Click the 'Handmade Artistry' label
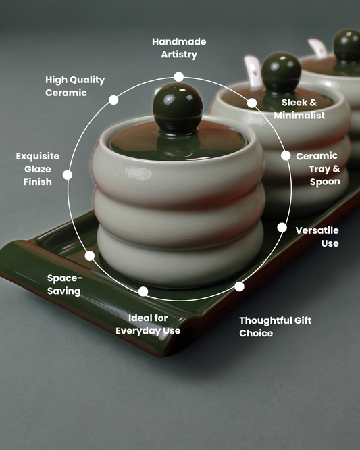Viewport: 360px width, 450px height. (x=179, y=48)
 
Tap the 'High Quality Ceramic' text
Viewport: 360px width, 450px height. (x=75, y=86)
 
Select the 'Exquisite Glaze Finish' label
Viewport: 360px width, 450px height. (x=38, y=169)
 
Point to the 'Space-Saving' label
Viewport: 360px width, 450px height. (x=64, y=284)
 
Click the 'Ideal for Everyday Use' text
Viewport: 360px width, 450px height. (x=148, y=324)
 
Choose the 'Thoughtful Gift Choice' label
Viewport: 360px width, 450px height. (x=275, y=326)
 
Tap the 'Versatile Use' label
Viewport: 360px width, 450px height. (x=317, y=236)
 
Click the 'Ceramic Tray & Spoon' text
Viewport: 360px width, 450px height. (x=318, y=169)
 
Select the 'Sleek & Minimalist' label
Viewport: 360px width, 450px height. (x=299, y=109)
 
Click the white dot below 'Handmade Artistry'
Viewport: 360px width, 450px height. (x=179, y=77)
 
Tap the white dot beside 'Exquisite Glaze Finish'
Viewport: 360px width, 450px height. (x=68, y=175)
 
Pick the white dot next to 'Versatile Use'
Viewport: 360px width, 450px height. (x=282, y=228)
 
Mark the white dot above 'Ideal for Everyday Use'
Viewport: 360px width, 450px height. (x=143, y=292)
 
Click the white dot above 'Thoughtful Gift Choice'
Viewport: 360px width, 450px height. (x=239, y=286)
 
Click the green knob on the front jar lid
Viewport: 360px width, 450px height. (x=178, y=107)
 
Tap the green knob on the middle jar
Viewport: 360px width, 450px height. (x=282, y=72)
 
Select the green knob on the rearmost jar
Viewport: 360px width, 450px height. (x=347, y=46)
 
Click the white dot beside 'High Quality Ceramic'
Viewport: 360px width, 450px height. (x=113, y=100)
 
